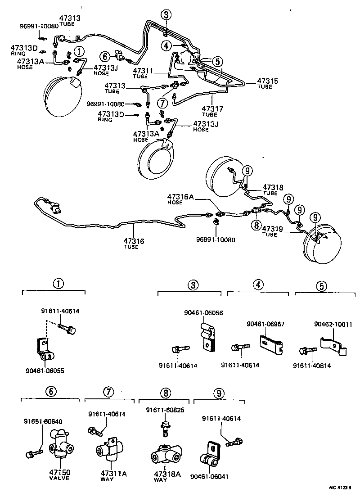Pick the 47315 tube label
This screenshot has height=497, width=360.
tap(267, 81)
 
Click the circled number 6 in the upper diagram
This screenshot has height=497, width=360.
tap(105, 56)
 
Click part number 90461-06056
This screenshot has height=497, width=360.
tap(203, 312)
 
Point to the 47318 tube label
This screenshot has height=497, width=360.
tap(274, 187)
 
